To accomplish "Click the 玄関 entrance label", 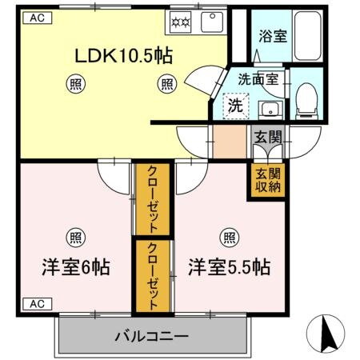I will click(x=267, y=137).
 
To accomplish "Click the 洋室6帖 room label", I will click(x=75, y=266).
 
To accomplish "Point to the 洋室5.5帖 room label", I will click(x=229, y=266).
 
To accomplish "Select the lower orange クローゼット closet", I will click(x=152, y=276).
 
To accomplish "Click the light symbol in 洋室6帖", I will click(x=75, y=236).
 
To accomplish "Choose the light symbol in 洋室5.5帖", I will click(x=229, y=236).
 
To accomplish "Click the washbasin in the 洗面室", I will click(x=270, y=110).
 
